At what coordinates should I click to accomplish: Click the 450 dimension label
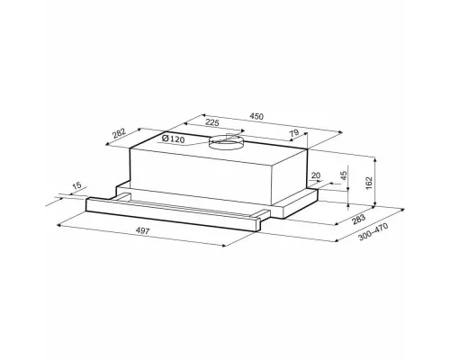click(x=256, y=116)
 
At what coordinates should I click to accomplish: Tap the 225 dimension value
click(x=212, y=122)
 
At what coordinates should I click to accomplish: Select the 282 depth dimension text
click(x=120, y=134)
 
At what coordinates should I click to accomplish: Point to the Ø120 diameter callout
click(x=173, y=139)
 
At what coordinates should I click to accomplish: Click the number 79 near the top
click(x=295, y=133)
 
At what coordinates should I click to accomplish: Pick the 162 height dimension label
click(x=369, y=183)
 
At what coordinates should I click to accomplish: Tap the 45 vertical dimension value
click(x=344, y=175)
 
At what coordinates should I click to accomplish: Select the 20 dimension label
click(x=316, y=175)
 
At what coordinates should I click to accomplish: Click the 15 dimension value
click(x=77, y=185)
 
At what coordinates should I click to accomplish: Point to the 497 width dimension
click(x=143, y=230)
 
